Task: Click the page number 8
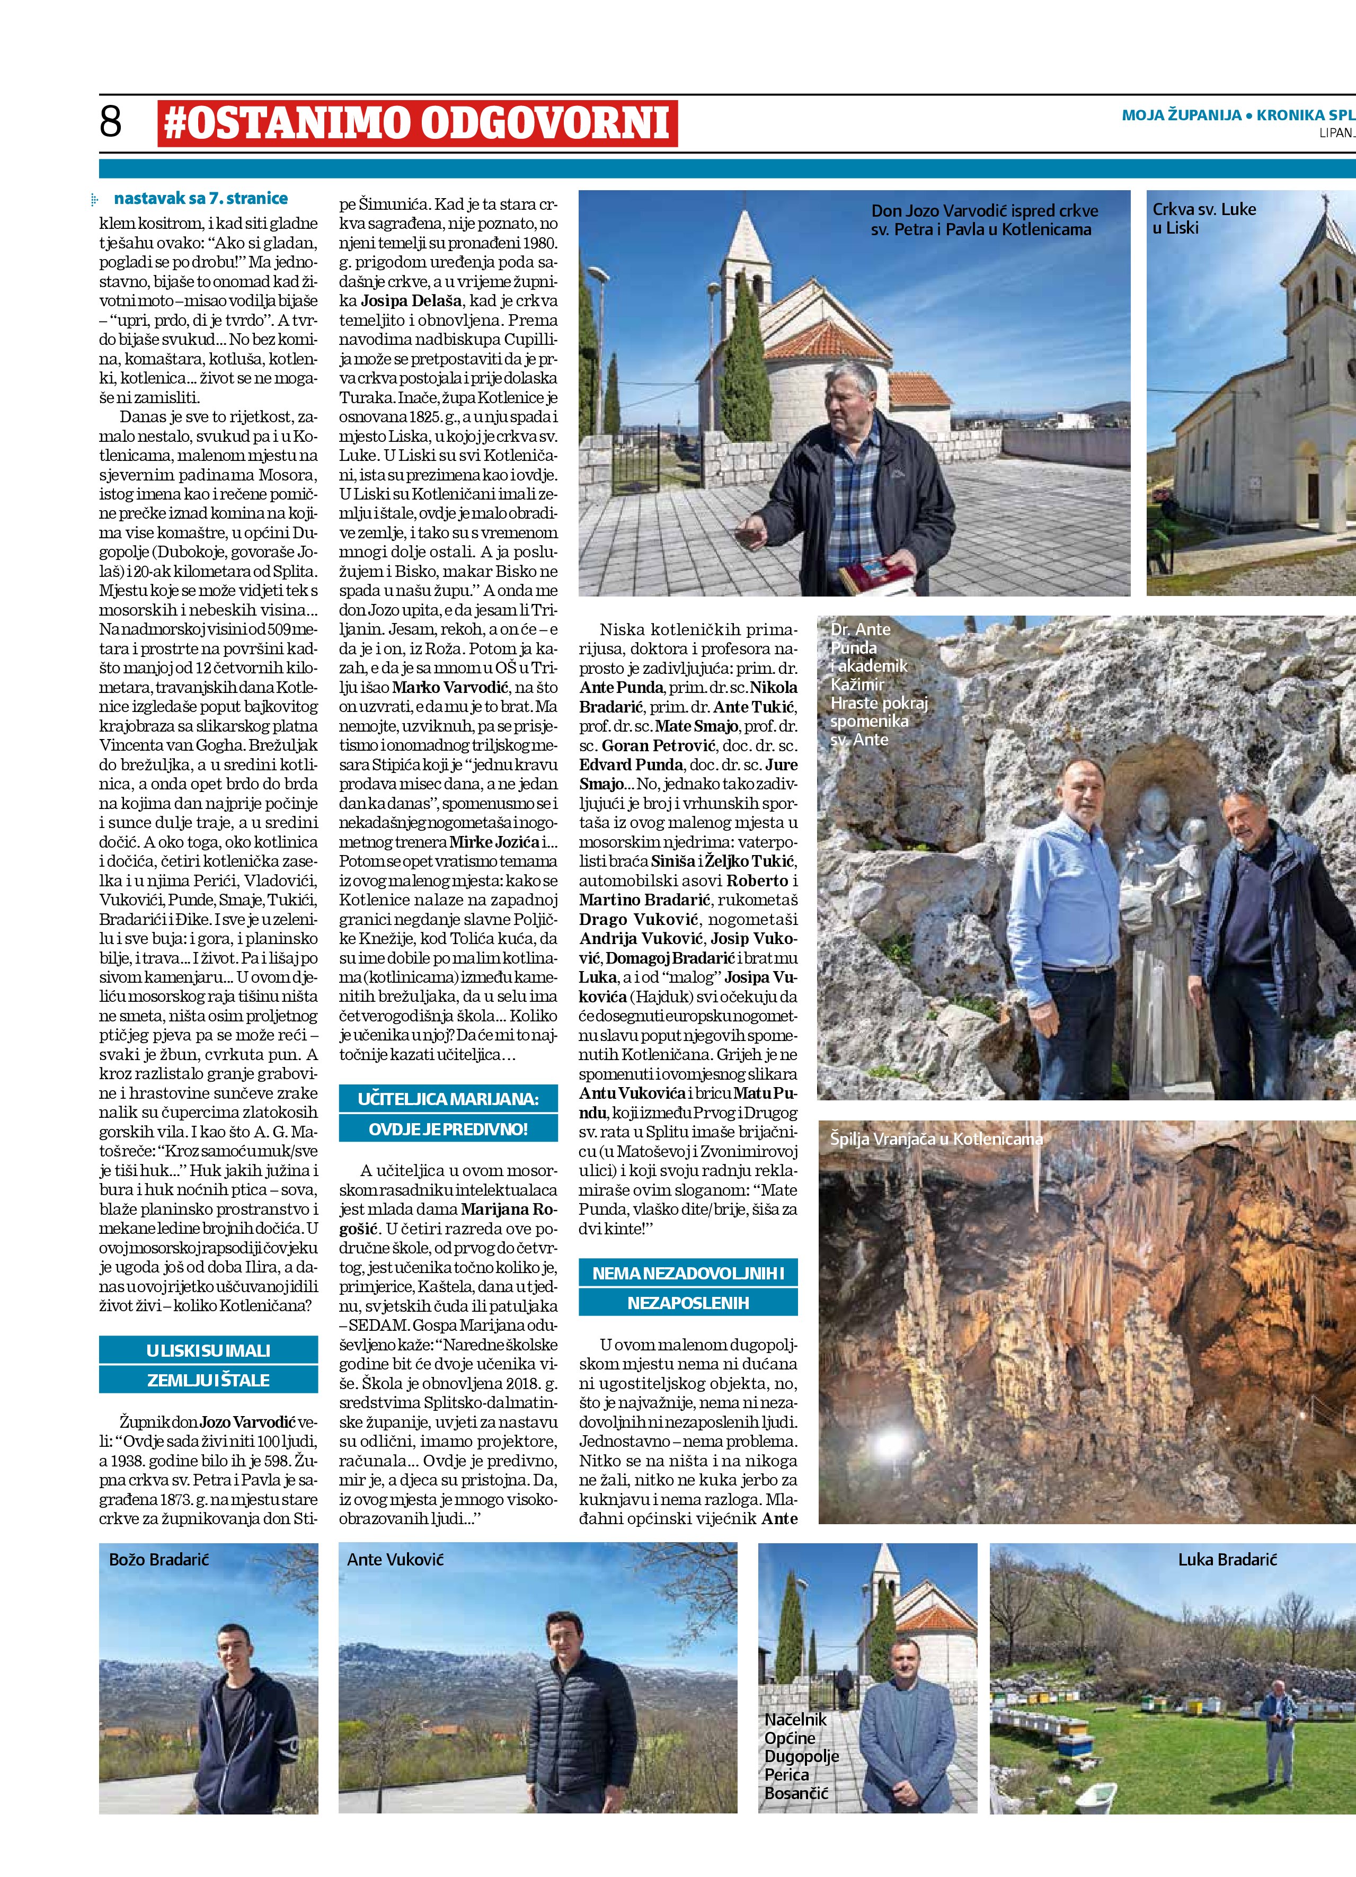110,122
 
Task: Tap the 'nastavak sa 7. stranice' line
200,199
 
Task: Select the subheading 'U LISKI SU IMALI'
209,1350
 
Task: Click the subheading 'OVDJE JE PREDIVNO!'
448,1129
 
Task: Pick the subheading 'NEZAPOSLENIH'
688,1303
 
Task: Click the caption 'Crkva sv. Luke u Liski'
1204,218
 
